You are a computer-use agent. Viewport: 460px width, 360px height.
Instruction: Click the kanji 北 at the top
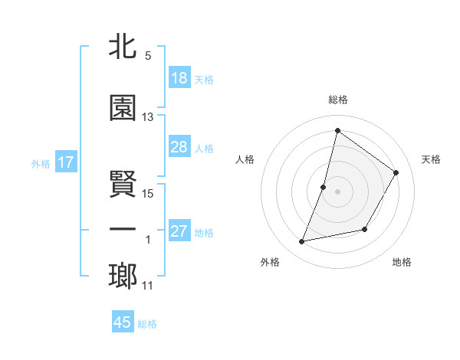pos(123,47)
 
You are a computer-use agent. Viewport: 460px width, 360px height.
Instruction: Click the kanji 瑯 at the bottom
pos(123,276)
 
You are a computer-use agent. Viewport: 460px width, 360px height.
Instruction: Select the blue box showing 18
pos(179,79)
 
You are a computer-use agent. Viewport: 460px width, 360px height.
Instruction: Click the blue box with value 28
pos(179,147)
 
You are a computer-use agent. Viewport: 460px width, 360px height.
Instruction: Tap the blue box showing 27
pos(179,232)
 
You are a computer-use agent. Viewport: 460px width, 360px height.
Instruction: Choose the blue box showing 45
pos(123,322)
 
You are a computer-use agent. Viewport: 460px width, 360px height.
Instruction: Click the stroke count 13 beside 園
pos(148,117)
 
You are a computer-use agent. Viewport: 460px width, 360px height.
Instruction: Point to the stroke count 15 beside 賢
pos(148,193)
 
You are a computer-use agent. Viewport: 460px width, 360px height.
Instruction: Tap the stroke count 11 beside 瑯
pos(148,286)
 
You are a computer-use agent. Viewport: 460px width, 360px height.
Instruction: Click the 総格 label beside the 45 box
pos(147,323)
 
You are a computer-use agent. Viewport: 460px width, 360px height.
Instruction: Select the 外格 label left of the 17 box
pos(41,164)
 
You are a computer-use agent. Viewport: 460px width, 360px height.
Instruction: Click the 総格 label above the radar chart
pos(337,100)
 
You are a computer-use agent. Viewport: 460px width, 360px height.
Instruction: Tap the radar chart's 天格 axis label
pos(432,159)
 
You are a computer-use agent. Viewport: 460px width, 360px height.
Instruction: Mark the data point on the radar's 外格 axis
pos(302,242)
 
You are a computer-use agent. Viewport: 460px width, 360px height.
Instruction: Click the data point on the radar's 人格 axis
pos(324,187)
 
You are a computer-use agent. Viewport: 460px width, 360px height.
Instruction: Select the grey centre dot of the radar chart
pos(337,191)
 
